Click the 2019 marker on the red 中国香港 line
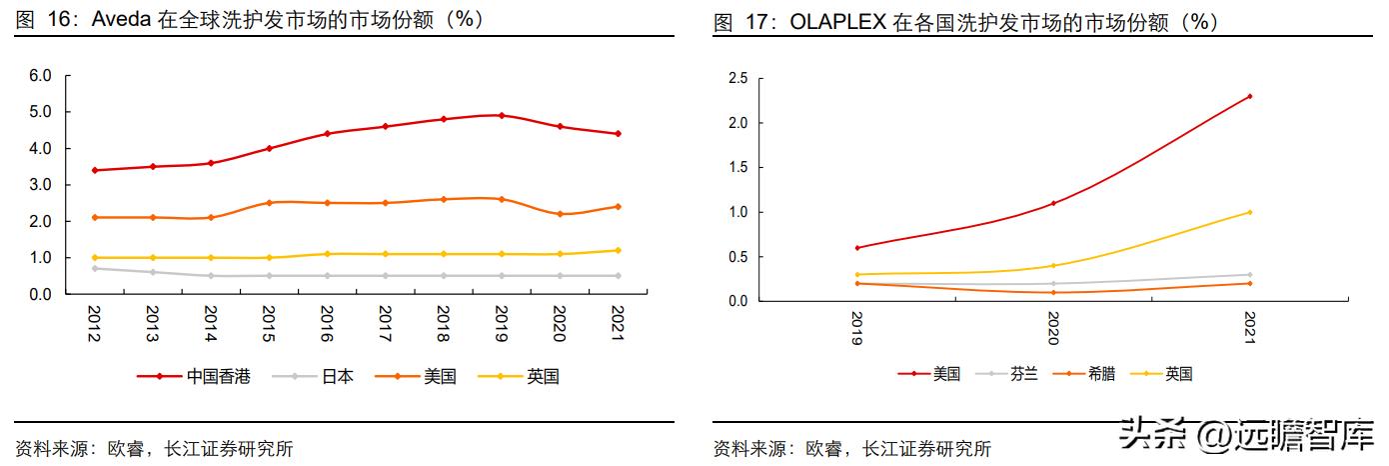[502, 115]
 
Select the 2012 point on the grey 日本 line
[94, 268]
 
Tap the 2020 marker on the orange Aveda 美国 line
[560, 214]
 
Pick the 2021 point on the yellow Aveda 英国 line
[618, 250]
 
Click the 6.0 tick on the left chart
[40, 75]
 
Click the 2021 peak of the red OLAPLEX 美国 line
[1250, 96]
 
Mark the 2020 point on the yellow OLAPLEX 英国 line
[1053, 265]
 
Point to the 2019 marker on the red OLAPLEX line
[857, 247]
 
